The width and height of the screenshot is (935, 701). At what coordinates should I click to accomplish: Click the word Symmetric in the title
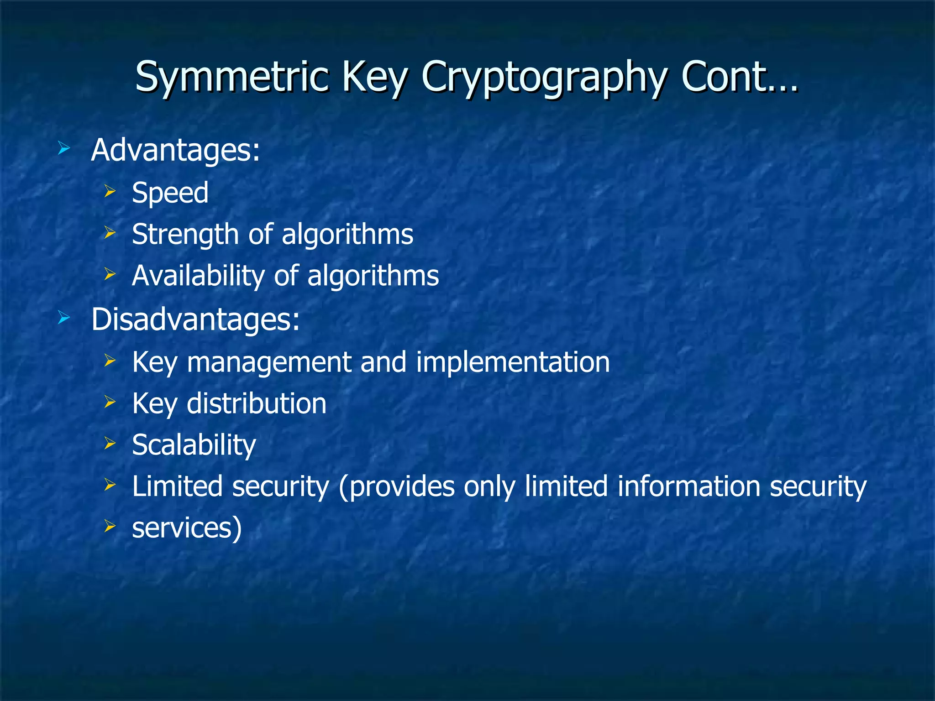[x=232, y=77]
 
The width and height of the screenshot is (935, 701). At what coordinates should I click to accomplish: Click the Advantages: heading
[x=175, y=151]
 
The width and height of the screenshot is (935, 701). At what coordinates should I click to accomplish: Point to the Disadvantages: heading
[x=195, y=319]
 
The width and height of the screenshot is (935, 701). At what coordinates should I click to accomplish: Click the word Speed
[x=170, y=193]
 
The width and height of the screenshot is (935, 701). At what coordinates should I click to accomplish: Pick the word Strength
[x=184, y=235]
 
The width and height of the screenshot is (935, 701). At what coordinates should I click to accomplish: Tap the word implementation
[x=513, y=362]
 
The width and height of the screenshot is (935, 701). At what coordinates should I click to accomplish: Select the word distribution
[x=257, y=404]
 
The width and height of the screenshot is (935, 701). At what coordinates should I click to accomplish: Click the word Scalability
[x=194, y=445]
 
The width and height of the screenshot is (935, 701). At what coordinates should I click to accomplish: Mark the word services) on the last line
[x=187, y=528]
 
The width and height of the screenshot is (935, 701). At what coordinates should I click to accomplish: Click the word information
[x=688, y=487]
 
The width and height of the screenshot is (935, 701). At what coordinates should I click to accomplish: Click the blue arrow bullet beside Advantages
[x=64, y=148]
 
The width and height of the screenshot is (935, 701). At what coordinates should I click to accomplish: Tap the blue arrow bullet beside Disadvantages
[x=64, y=318]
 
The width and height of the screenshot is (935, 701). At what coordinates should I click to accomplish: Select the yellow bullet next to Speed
[x=110, y=191]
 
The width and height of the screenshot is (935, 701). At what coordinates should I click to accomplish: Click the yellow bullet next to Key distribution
[x=110, y=402]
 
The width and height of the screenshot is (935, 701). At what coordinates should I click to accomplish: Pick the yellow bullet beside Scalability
[x=110, y=443]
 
